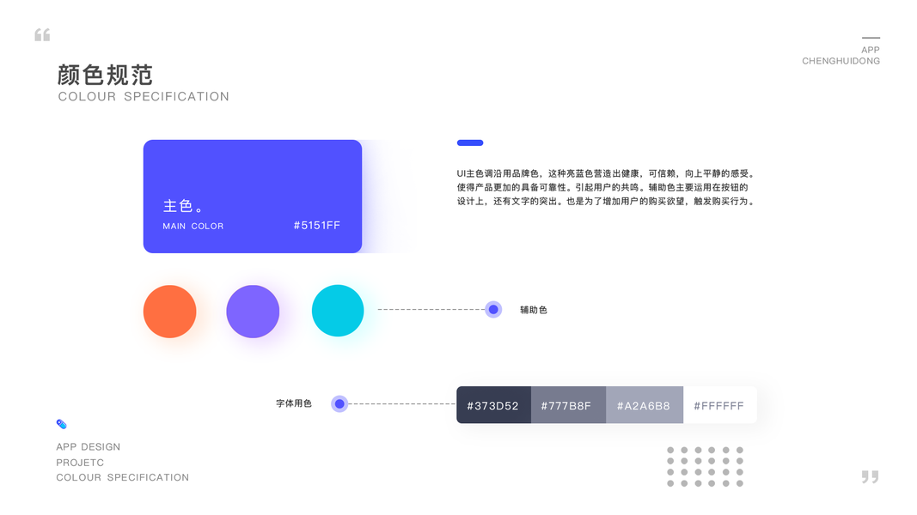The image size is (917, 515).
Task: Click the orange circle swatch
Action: pyautogui.click(x=169, y=311)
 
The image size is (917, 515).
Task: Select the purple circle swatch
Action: pyautogui.click(x=253, y=311)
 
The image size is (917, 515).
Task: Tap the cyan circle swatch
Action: pyautogui.click(x=338, y=311)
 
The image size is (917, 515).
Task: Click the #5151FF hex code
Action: pyautogui.click(x=316, y=226)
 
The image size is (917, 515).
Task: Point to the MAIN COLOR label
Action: pyautogui.click(x=193, y=227)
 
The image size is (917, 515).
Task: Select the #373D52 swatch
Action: pyautogui.click(x=493, y=405)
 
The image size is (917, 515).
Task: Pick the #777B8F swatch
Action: pyautogui.click(x=567, y=405)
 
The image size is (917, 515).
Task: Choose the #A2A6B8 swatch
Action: pyautogui.click(x=644, y=405)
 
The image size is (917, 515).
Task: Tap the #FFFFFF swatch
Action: pyautogui.click(x=719, y=405)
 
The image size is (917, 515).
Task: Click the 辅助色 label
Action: pyautogui.click(x=533, y=310)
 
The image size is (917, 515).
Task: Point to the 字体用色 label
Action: pyautogui.click(x=294, y=403)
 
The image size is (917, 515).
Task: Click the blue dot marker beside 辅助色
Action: pyautogui.click(x=493, y=310)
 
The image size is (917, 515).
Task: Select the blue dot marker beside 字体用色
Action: pyautogui.click(x=339, y=403)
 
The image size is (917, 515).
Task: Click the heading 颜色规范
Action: pyautogui.click(x=105, y=75)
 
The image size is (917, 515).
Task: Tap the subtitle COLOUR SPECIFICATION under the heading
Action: pyautogui.click(x=144, y=97)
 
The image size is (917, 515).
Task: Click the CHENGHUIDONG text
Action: pyautogui.click(x=841, y=61)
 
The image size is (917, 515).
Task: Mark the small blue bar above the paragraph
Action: pyautogui.click(x=470, y=142)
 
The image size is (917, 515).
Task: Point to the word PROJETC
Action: pyautogui.click(x=80, y=463)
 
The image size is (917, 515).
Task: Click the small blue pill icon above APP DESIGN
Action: pyautogui.click(x=61, y=424)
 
